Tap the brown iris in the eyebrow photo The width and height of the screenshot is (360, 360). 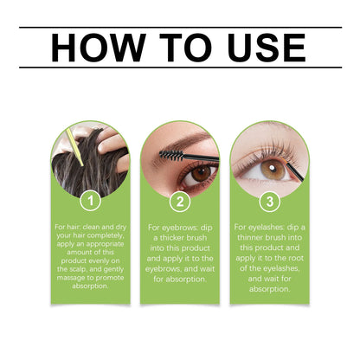click(x=201, y=173)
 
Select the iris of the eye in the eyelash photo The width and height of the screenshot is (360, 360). click(x=275, y=166)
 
